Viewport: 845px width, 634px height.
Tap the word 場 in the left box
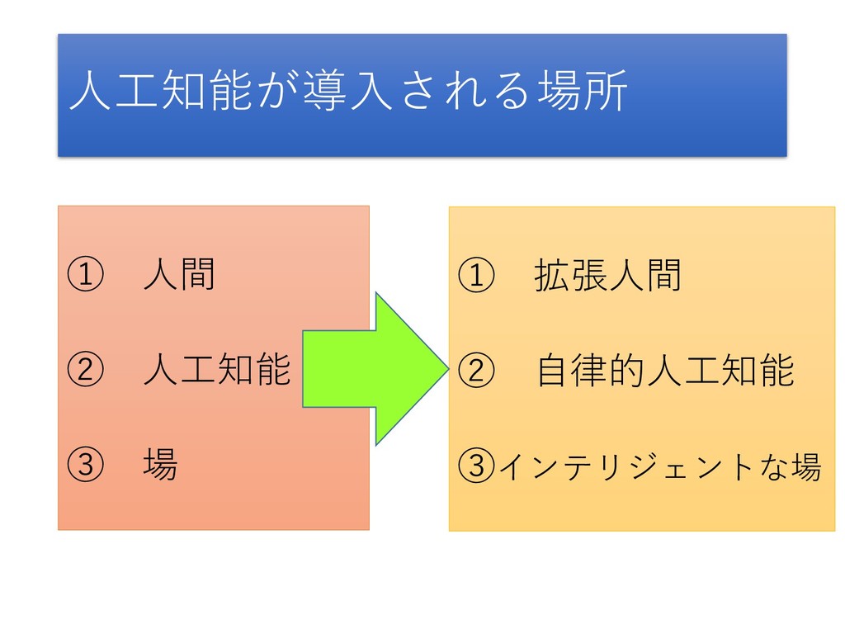(160, 466)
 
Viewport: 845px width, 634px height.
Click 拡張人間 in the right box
(609, 276)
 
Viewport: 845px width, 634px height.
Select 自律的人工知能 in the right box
(665, 371)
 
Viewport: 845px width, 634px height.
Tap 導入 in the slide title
(351, 92)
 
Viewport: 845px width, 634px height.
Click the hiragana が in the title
(283, 92)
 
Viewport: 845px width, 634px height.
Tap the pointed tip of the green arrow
(445, 368)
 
